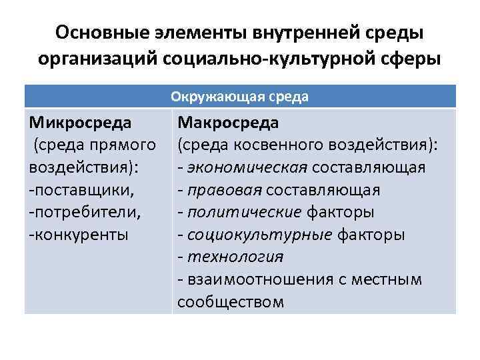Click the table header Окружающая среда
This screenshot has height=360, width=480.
click(240, 97)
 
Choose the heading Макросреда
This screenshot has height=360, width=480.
click(229, 123)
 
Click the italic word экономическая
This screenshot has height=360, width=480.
click(247, 167)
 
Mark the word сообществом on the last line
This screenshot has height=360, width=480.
click(231, 302)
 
